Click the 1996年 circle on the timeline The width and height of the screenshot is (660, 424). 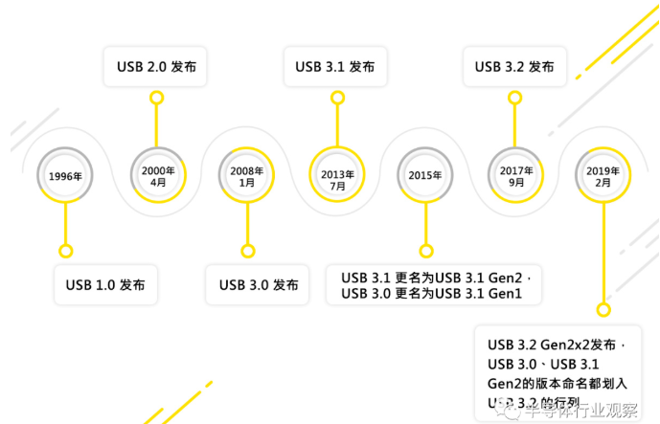(x=65, y=176)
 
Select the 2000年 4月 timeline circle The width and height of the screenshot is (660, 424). (x=157, y=176)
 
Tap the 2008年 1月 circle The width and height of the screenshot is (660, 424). (x=247, y=176)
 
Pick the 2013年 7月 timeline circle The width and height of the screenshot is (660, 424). (x=337, y=176)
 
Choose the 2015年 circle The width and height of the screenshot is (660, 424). (x=424, y=176)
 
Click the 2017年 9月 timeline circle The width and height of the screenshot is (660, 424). (x=516, y=176)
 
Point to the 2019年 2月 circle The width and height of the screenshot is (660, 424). (x=603, y=176)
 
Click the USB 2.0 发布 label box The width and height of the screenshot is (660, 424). (x=156, y=67)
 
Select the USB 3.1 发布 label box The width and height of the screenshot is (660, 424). (x=335, y=67)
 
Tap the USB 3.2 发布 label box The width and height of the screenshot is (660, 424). (x=514, y=67)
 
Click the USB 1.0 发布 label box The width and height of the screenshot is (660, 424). (x=105, y=285)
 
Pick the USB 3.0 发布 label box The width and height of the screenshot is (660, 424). (x=258, y=285)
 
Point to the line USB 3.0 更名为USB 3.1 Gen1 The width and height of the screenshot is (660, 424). (x=430, y=294)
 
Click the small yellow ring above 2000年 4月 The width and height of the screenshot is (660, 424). (x=157, y=97)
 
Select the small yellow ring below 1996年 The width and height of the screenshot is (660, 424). (x=65, y=251)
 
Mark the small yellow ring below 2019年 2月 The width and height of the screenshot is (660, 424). (x=603, y=309)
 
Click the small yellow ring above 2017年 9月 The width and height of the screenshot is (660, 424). (x=516, y=97)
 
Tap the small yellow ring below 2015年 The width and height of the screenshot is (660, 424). (x=424, y=251)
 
